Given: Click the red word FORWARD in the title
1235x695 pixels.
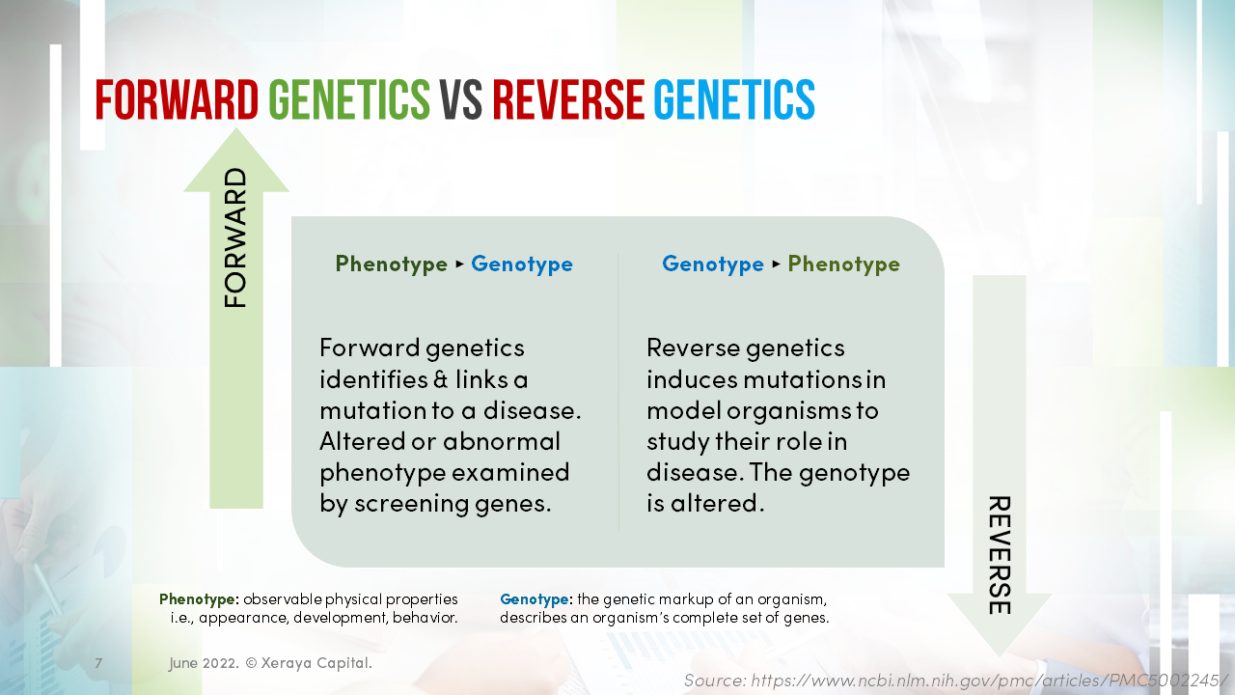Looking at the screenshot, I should tap(177, 99).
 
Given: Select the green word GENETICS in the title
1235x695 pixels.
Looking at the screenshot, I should tap(349, 99).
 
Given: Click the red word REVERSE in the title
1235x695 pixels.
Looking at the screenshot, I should tap(568, 99).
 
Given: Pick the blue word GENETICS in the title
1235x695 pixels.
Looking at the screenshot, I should tap(734, 99).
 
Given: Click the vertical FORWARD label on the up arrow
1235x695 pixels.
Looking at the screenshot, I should tap(236, 238).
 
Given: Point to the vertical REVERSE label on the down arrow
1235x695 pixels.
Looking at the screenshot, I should tap(999, 555).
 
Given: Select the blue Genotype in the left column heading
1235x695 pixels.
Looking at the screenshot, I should tap(522, 264).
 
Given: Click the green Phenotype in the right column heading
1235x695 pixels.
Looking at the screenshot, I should tap(843, 264).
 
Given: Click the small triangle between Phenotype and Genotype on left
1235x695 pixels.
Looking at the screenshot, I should tap(459, 264).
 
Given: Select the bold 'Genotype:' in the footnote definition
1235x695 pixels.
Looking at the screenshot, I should tap(535, 599).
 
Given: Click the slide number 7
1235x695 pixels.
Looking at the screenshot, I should tap(98, 663).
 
